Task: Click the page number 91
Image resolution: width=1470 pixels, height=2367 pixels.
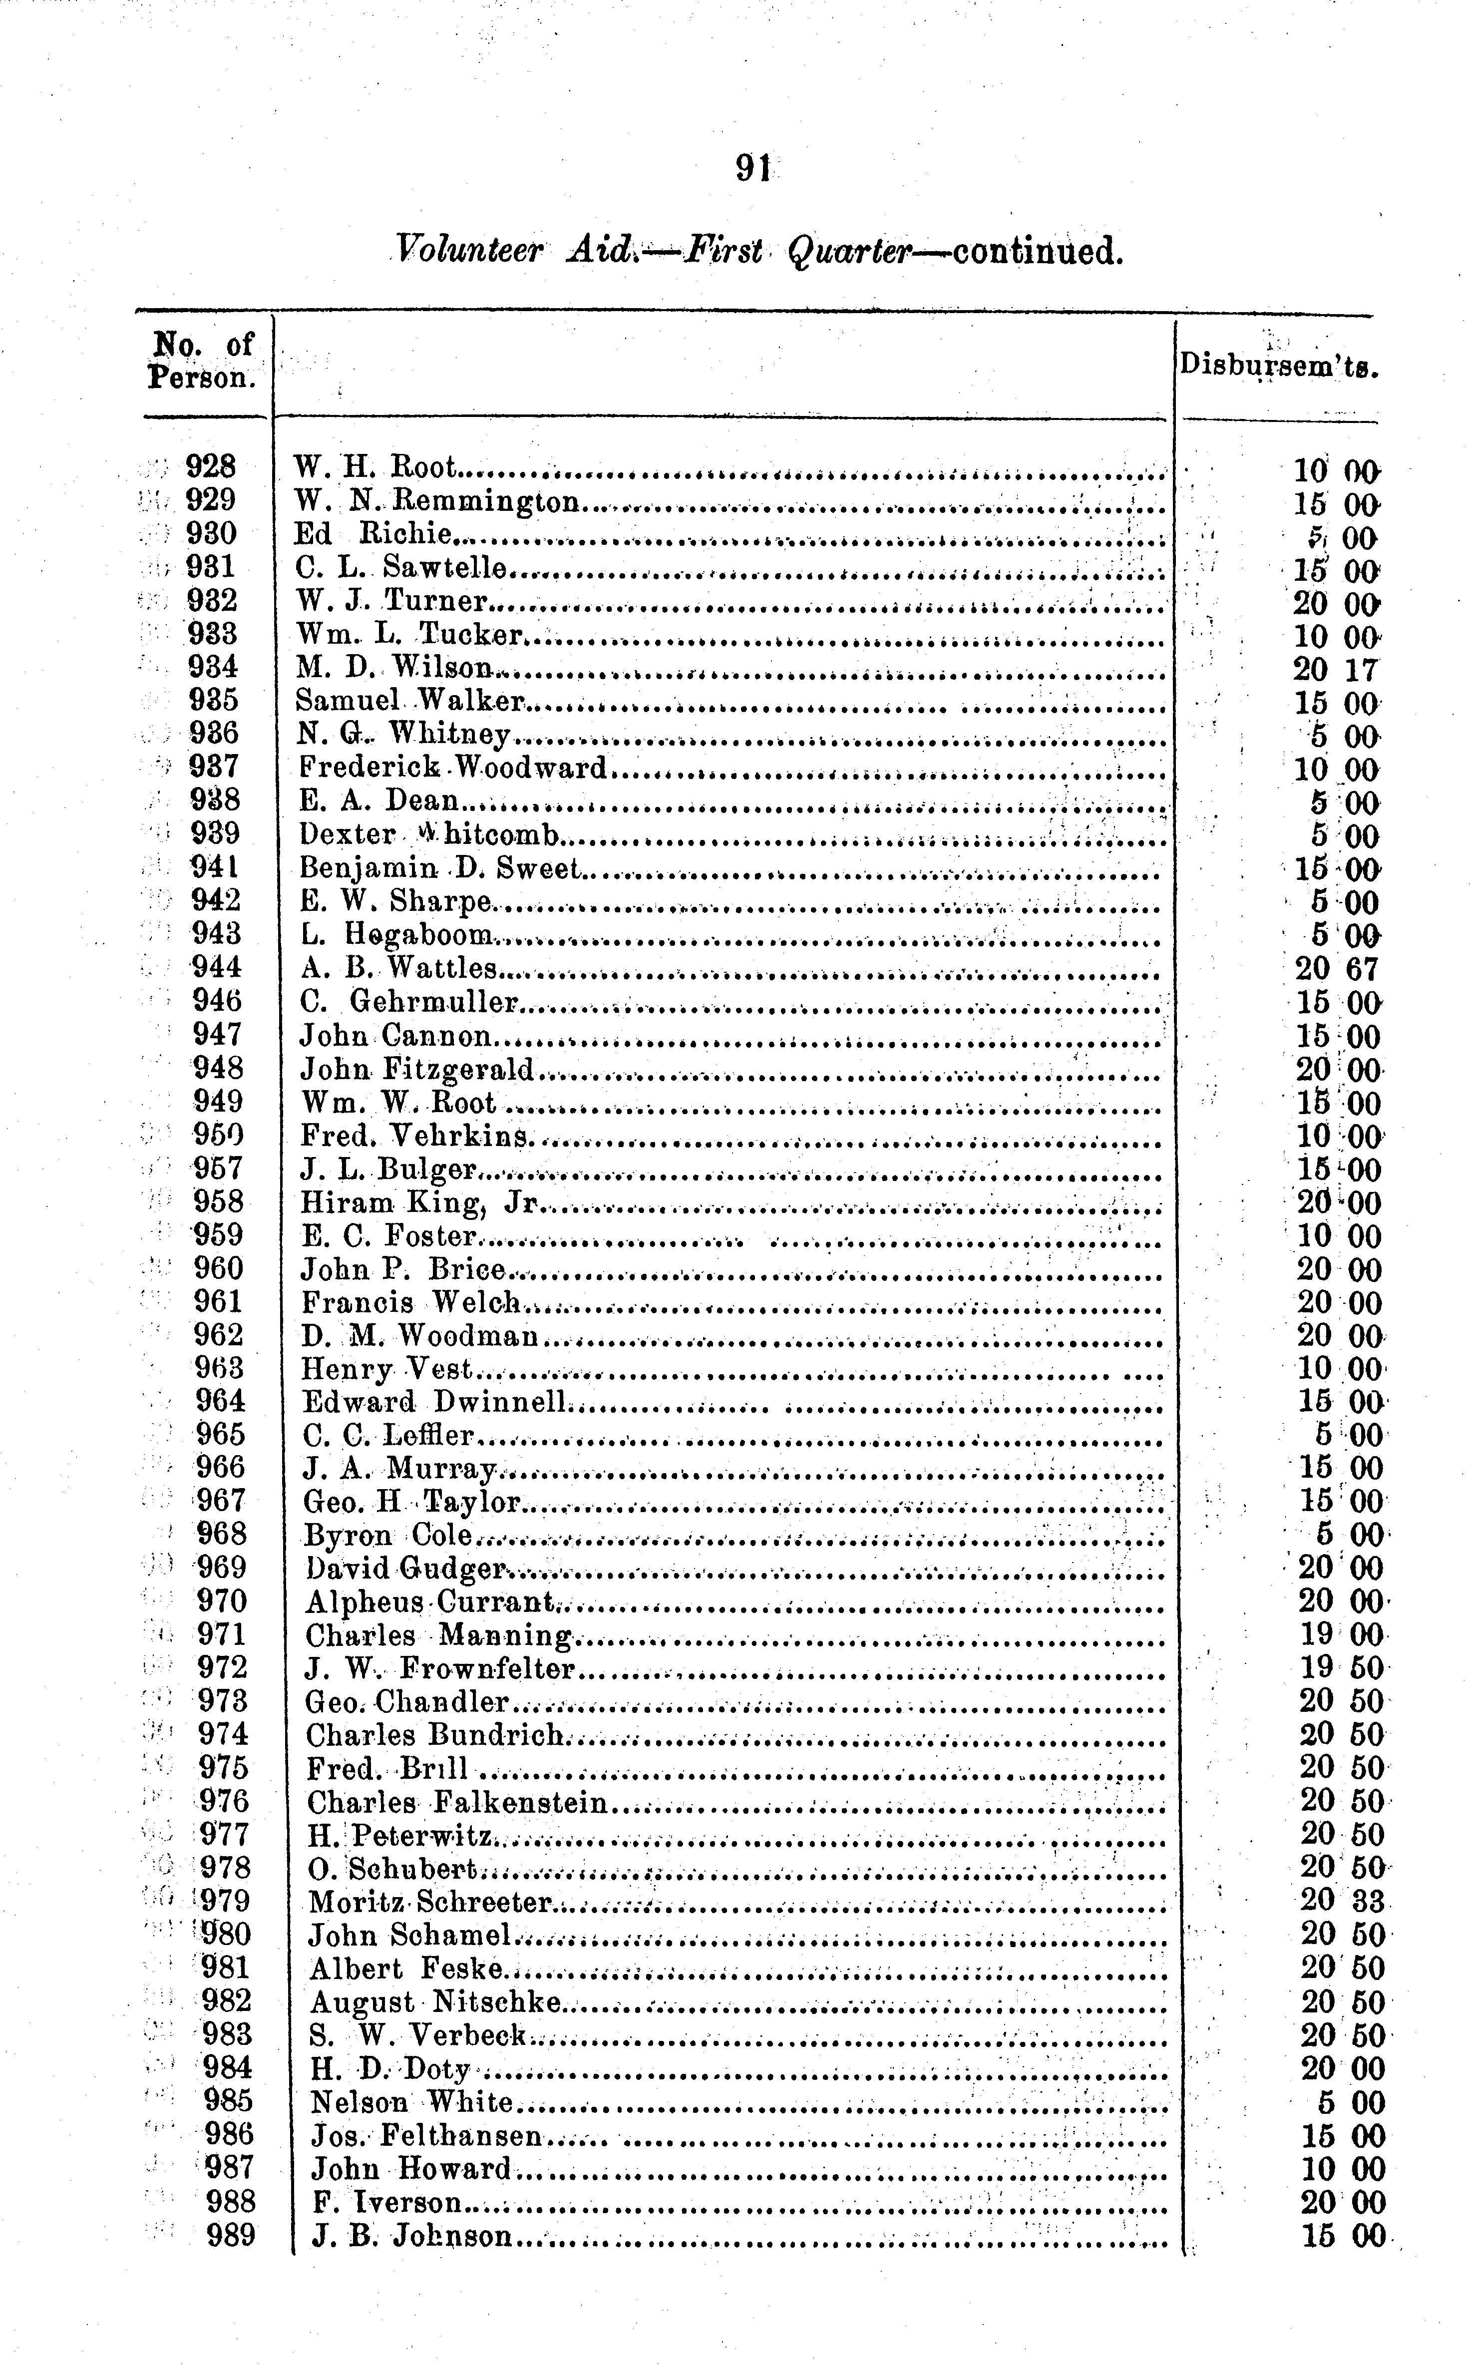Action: click(x=753, y=169)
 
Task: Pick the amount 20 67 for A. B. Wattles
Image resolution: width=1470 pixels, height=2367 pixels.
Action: click(x=1337, y=969)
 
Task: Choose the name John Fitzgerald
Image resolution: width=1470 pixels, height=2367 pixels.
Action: click(x=418, y=1069)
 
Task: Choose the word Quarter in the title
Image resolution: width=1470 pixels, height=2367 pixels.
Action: click(x=848, y=251)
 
